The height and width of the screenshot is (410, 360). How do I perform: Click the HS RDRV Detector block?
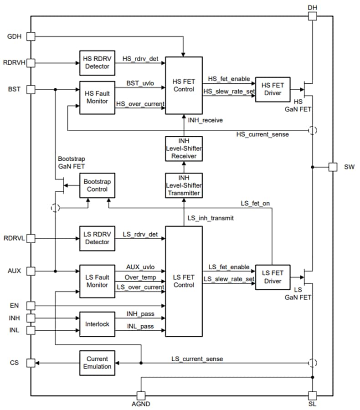click(x=97, y=63)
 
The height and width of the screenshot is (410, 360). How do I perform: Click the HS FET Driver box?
click(x=272, y=89)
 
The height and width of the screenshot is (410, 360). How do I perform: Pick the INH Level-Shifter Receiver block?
click(x=184, y=148)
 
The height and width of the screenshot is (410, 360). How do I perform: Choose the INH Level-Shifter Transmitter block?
click(x=184, y=185)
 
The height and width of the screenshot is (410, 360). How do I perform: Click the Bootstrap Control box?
click(x=97, y=185)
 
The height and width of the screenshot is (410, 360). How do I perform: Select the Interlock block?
click(x=97, y=324)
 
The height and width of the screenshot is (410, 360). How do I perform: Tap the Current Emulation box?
click(x=97, y=363)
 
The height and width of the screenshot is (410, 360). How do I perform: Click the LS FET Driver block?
click(x=272, y=277)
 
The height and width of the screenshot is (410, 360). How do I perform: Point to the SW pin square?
click(x=333, y=167)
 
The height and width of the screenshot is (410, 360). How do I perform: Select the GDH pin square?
click(x=31, y=36)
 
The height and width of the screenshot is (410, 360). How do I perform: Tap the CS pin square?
click(x=31, y=363)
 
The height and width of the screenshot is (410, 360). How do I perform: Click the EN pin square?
click(x=31, y=305)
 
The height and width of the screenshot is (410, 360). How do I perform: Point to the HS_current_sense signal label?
click(x=262, y=134)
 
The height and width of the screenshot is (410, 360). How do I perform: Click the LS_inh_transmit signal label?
click(x=211, y=218)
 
